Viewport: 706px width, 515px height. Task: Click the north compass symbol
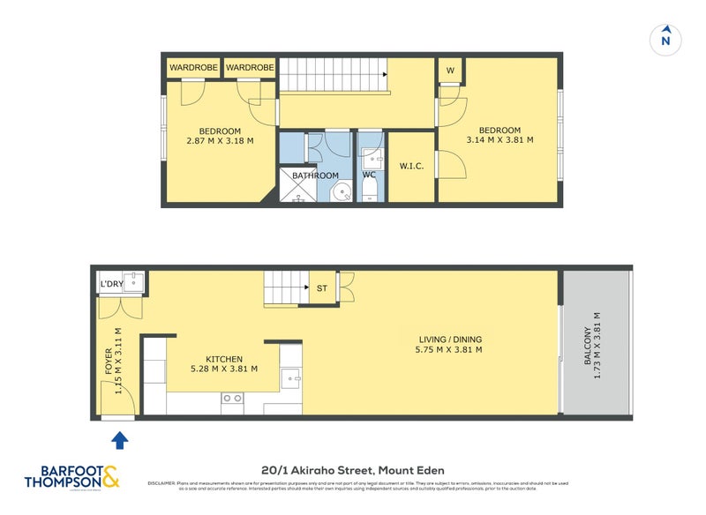click(668, 39)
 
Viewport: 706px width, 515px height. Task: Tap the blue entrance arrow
click(119, 437)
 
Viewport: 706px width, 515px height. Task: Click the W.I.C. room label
click(411, 165)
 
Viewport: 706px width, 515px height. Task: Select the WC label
click(370, 175)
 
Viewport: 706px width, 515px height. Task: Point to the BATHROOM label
click(316, 175)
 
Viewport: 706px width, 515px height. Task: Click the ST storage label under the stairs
click(321, 287)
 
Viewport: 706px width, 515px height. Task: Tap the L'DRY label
click(111, 284)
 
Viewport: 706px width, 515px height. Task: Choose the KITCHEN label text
click(224, 359)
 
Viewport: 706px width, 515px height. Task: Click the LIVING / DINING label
click(450, 339)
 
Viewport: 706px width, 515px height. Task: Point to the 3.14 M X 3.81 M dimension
click(499, 139)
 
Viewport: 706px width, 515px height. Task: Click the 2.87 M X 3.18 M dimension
click(220, 139)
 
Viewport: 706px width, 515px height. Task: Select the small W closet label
click(449, 71)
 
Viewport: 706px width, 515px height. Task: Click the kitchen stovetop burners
click(232, 398)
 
